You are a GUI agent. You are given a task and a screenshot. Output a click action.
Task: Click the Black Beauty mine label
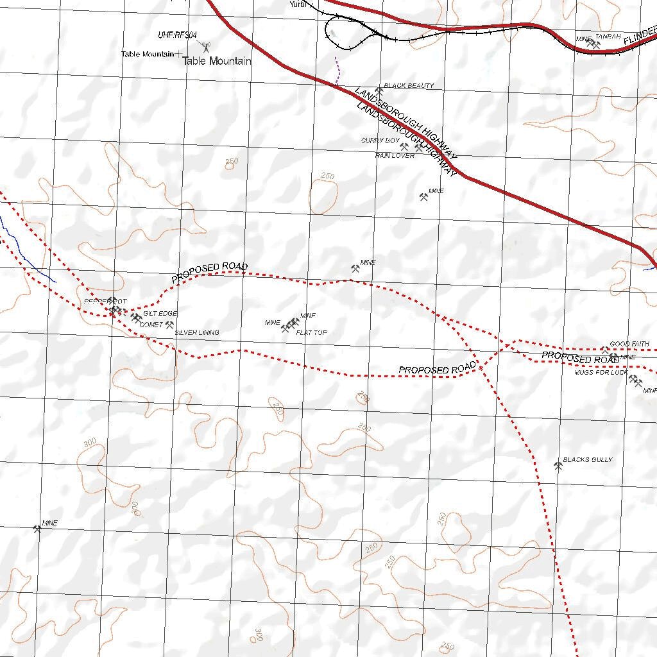pos(409,85)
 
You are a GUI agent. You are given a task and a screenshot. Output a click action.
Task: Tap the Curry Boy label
pos(380,141)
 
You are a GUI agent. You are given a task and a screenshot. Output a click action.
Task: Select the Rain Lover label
pos(395,155)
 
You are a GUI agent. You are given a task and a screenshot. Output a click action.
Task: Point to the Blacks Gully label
pos(588,460)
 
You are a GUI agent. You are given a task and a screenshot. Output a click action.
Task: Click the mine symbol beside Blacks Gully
pos(558,466)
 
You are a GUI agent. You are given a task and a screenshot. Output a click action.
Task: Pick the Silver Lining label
pos(197,333)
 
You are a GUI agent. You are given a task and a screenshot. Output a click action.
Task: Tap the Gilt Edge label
pos(160,314)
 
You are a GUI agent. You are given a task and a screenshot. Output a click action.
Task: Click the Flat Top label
pos(311,333)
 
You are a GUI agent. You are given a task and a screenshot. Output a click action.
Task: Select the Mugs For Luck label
pos(601,372)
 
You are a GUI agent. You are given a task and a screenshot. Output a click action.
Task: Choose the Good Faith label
pos(629,345)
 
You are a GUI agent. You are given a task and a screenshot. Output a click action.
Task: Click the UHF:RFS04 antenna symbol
pos(206,47)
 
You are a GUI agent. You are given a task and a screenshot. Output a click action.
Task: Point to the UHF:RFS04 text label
pos(177,35)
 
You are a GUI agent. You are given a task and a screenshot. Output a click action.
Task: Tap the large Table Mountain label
pos(217,62)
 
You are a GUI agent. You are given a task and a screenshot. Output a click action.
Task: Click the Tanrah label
pos(608,37)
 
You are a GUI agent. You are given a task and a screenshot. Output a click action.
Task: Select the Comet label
pos(151,325)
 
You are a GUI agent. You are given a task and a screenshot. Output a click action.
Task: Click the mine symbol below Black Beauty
pos(379,92)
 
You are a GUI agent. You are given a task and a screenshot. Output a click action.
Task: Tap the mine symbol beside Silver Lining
pos(169,325)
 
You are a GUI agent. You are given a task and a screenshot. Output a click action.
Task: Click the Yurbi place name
pos(298,4)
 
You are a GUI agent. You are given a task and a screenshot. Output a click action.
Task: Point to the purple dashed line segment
pos(336,71)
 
